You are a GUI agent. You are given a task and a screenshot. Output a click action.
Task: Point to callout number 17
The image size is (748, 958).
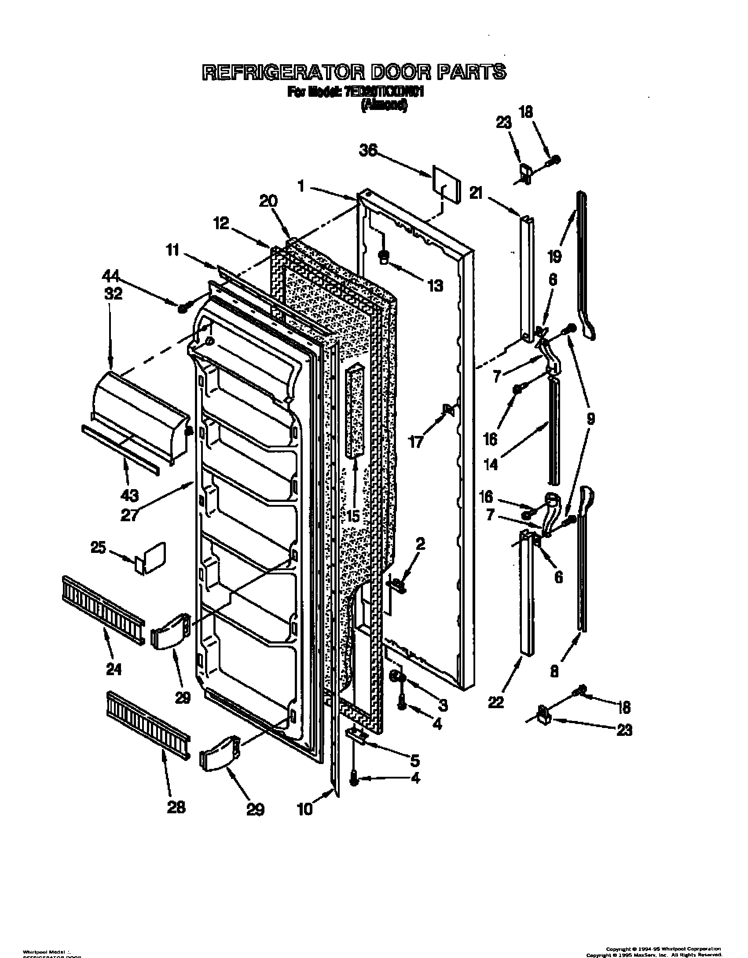(x=416, y=441)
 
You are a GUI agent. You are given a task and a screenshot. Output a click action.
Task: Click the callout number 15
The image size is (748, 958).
(x=352, y=515)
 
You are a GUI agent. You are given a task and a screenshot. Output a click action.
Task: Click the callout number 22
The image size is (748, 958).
(x=496, y=702)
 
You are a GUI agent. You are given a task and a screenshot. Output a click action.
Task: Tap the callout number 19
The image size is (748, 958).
(x=555, y=255)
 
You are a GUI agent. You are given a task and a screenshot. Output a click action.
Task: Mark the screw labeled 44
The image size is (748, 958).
(x=182, y=309)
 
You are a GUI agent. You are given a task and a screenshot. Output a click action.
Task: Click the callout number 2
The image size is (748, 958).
(x=420, y=545)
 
